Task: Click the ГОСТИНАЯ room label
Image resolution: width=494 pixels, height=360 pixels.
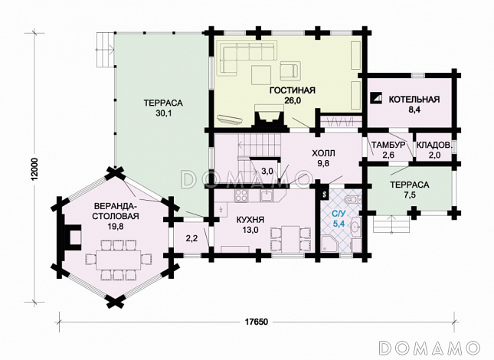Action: pyautogui.click(x=293, y=90)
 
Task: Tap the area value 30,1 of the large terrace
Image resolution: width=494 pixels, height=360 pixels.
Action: pyautogui.click(x=163, y=113)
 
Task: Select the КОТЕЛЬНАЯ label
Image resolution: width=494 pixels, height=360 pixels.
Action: pyautogui.click(x=414, y=100)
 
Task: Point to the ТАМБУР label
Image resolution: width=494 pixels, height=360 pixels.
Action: pyautogui.click(x=388, y=146)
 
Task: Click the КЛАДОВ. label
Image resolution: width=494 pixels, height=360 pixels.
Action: pyautogui.click(x=435, y=146)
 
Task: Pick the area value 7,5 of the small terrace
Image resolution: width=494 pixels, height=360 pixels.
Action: pyautogui.click(x=409, y=195)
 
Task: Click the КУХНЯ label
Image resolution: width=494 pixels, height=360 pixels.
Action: pyautogui.click(x=250, y=220)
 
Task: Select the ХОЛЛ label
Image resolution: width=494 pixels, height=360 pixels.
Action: pyautogui.click(x=323, y=153)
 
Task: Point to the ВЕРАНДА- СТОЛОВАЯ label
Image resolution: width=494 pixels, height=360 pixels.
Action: pyautogui.click(x=116, y=211)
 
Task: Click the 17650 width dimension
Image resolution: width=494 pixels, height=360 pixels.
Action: pyautogui.click(x=257, y=322)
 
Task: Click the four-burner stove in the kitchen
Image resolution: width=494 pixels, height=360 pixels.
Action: pyautogui.click(x=242, y=195)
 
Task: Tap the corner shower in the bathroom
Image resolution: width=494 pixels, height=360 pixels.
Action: pyautogui.click(x=329, y=244)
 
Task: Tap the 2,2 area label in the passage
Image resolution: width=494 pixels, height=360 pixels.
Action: pyautogui.click(x=191, y=238)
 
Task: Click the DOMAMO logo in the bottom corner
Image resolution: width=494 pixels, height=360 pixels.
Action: pyautogui.click(x=430, y=348)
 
